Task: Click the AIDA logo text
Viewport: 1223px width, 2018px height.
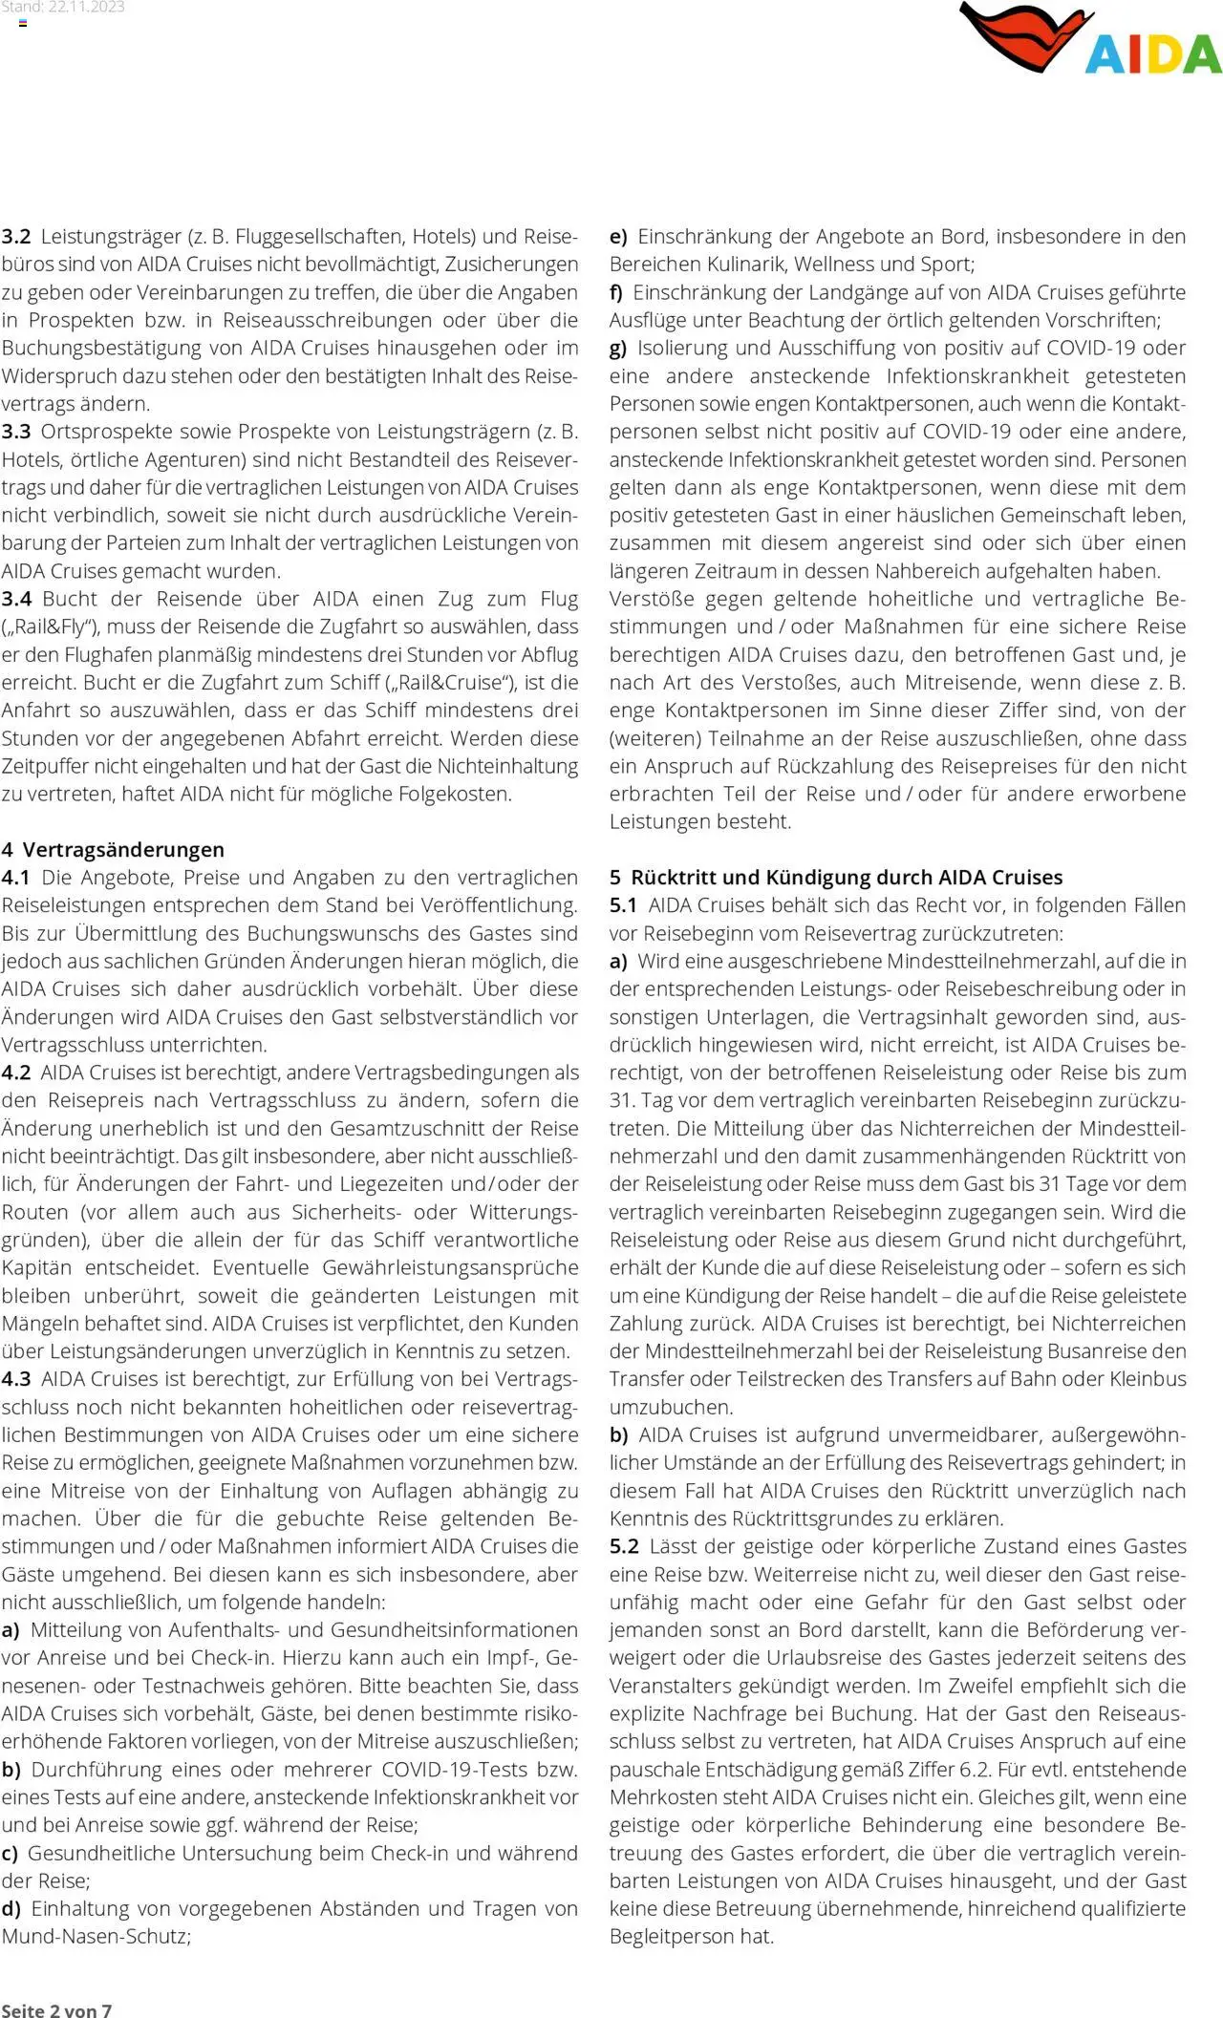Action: (1153, 53)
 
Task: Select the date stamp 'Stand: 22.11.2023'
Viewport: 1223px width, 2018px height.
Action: (63, 8)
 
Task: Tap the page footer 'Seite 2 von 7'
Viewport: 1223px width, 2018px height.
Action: (56, 2009)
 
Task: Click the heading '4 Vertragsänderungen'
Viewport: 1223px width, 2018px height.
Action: (113, 849)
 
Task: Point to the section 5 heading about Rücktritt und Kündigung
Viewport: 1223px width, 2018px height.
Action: (836, 877)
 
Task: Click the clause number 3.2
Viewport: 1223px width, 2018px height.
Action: (16, 236)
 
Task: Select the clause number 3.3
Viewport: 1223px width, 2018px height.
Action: (16, 431)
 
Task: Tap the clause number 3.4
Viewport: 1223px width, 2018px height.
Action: (16, 599)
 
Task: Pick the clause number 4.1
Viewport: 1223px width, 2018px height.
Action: (16, 877)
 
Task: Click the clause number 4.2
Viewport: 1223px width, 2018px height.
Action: (16, 1073)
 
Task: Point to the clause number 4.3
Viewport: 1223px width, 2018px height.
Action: (16, 1379)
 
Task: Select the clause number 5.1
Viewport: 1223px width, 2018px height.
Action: (624, 904)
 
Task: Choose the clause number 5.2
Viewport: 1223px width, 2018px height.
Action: (624, 1546)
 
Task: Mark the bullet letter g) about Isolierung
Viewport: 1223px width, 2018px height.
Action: (618, 348)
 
